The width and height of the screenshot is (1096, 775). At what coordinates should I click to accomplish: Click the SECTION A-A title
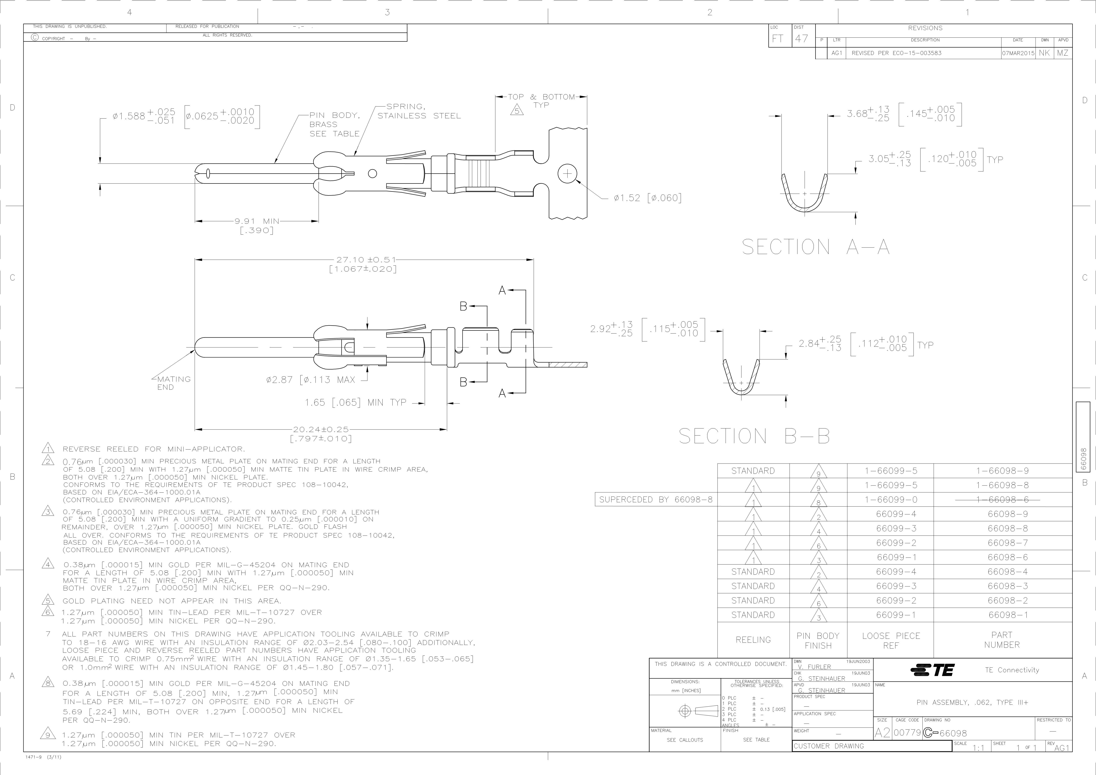click(815, 247)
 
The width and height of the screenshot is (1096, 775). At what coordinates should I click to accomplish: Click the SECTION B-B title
click(754, 436)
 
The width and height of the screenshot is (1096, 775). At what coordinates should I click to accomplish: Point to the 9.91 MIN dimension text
click(257, 221)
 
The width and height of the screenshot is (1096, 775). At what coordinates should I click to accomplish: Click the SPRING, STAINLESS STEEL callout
click(419, 111)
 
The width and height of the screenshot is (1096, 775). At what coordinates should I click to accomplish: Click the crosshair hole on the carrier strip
click(567, 173)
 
